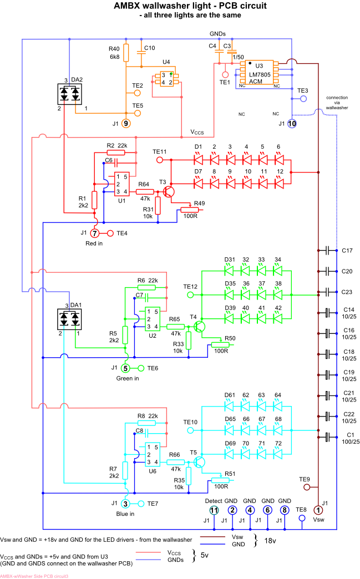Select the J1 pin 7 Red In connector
click(x=95, y=233)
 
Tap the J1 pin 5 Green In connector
click(x=126, y=368)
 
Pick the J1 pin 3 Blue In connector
click(x=126, y=503)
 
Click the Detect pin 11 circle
click(x=214, y=510)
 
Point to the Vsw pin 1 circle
click(x=318, y=510)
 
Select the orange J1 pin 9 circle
click(x=126, y=123)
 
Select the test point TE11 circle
click(x=160, y=160)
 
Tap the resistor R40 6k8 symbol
click(x=126, y=53)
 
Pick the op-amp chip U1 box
click(x=122, y=184)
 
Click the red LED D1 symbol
click(x=198, y=160)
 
